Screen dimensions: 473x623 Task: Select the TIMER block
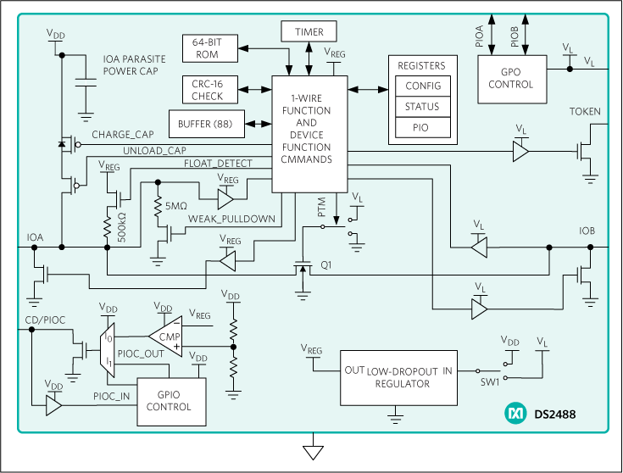point(309,32)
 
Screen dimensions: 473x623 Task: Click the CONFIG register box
point(423,86)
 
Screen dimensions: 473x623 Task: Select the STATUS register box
point(423,108)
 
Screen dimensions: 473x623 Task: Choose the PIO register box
point(423,129)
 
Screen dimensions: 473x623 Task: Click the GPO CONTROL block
point(511,79)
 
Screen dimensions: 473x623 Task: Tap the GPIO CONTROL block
point(170,401)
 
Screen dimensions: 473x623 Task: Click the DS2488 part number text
point(556,415)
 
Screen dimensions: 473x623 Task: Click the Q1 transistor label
point(326,265)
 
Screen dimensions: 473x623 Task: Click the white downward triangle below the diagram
point(314,453)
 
